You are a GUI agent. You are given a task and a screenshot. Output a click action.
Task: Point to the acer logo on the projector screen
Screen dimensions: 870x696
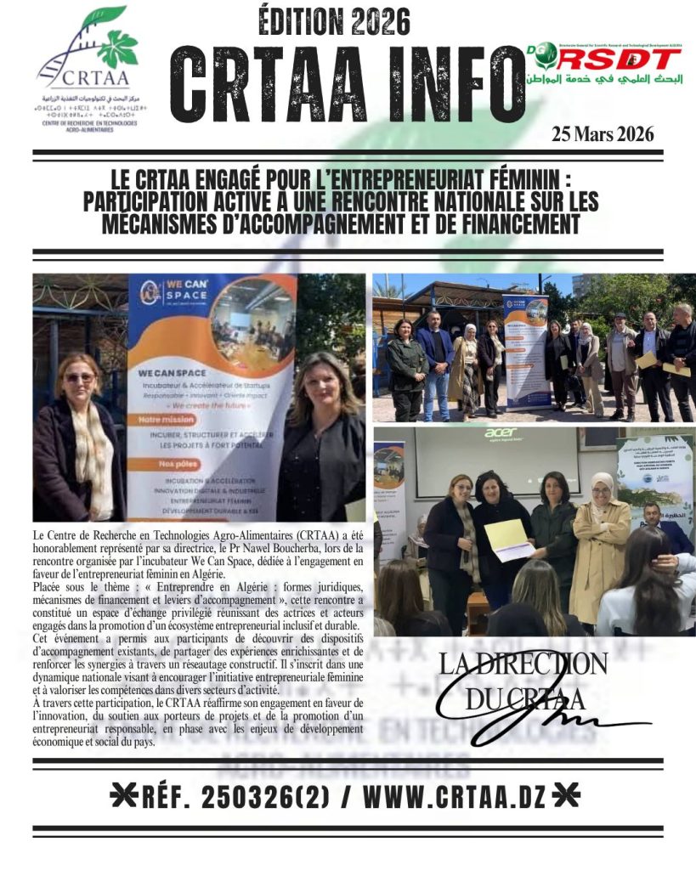click(x=501, y=432)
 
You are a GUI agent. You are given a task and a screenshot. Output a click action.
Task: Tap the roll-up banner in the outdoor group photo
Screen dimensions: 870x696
click(x=526, y=351)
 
